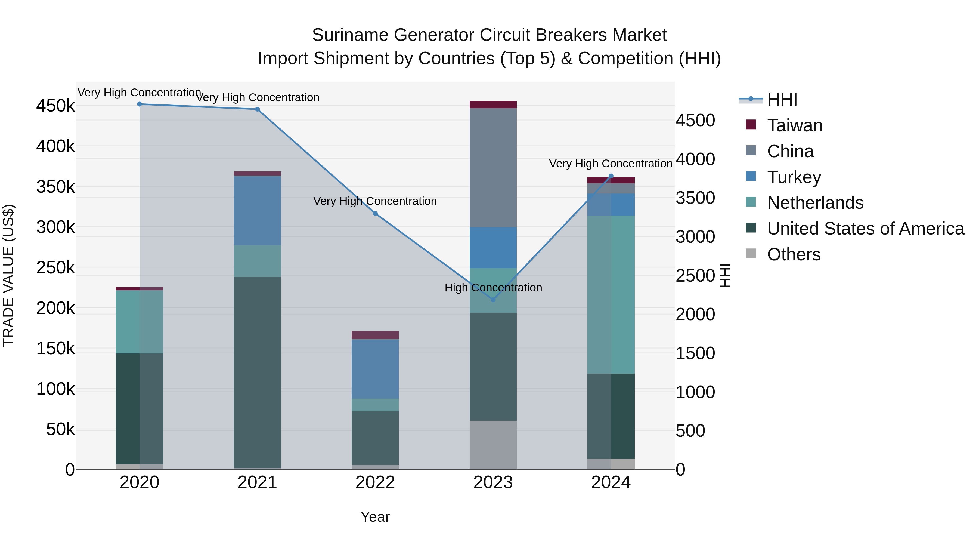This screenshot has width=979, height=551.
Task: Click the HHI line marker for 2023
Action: [493, 300]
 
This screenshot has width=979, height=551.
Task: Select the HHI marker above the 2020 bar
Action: [140, 104]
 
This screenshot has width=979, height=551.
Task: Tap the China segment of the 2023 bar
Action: [493, 167]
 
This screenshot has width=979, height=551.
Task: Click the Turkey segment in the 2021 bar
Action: [257, 210]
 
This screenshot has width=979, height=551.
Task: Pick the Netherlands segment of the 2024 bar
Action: [611, 294]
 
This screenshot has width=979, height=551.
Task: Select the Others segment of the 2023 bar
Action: [493, 445]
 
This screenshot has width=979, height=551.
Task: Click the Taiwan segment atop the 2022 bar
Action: [375, 335]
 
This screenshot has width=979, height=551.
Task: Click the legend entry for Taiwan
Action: [794, 125]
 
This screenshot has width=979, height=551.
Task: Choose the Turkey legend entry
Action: [794, 177]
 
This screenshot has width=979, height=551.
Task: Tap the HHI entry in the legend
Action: [782, 100]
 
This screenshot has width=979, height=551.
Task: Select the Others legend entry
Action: [793, 254]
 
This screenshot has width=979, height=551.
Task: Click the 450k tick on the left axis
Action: [55, 106]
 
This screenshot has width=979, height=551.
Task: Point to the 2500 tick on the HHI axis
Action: [695, 276]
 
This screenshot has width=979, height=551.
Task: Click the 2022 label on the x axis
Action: [375, 482]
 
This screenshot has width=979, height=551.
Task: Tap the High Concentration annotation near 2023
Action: [493, 288]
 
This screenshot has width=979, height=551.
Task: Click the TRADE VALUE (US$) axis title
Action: [8, 275]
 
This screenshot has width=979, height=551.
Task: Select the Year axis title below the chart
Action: [375, 517]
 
